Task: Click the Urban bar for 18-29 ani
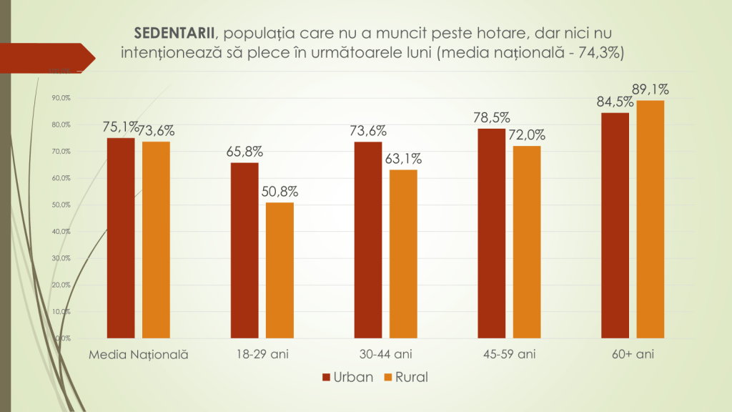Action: point(244,250)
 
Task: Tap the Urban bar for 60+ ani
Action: point(615,225)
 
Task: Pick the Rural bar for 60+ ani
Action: point(651,218)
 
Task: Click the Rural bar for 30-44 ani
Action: point(403,253)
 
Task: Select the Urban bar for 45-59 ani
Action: point(492,232)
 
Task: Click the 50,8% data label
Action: point(280,192)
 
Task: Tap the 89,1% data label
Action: point(651,89)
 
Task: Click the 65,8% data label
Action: point(244,152)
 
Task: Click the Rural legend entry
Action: point(405,376)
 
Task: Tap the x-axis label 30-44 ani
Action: point(386,354)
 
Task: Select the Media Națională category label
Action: point(139,354)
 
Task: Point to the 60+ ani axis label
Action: point(633,354)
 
